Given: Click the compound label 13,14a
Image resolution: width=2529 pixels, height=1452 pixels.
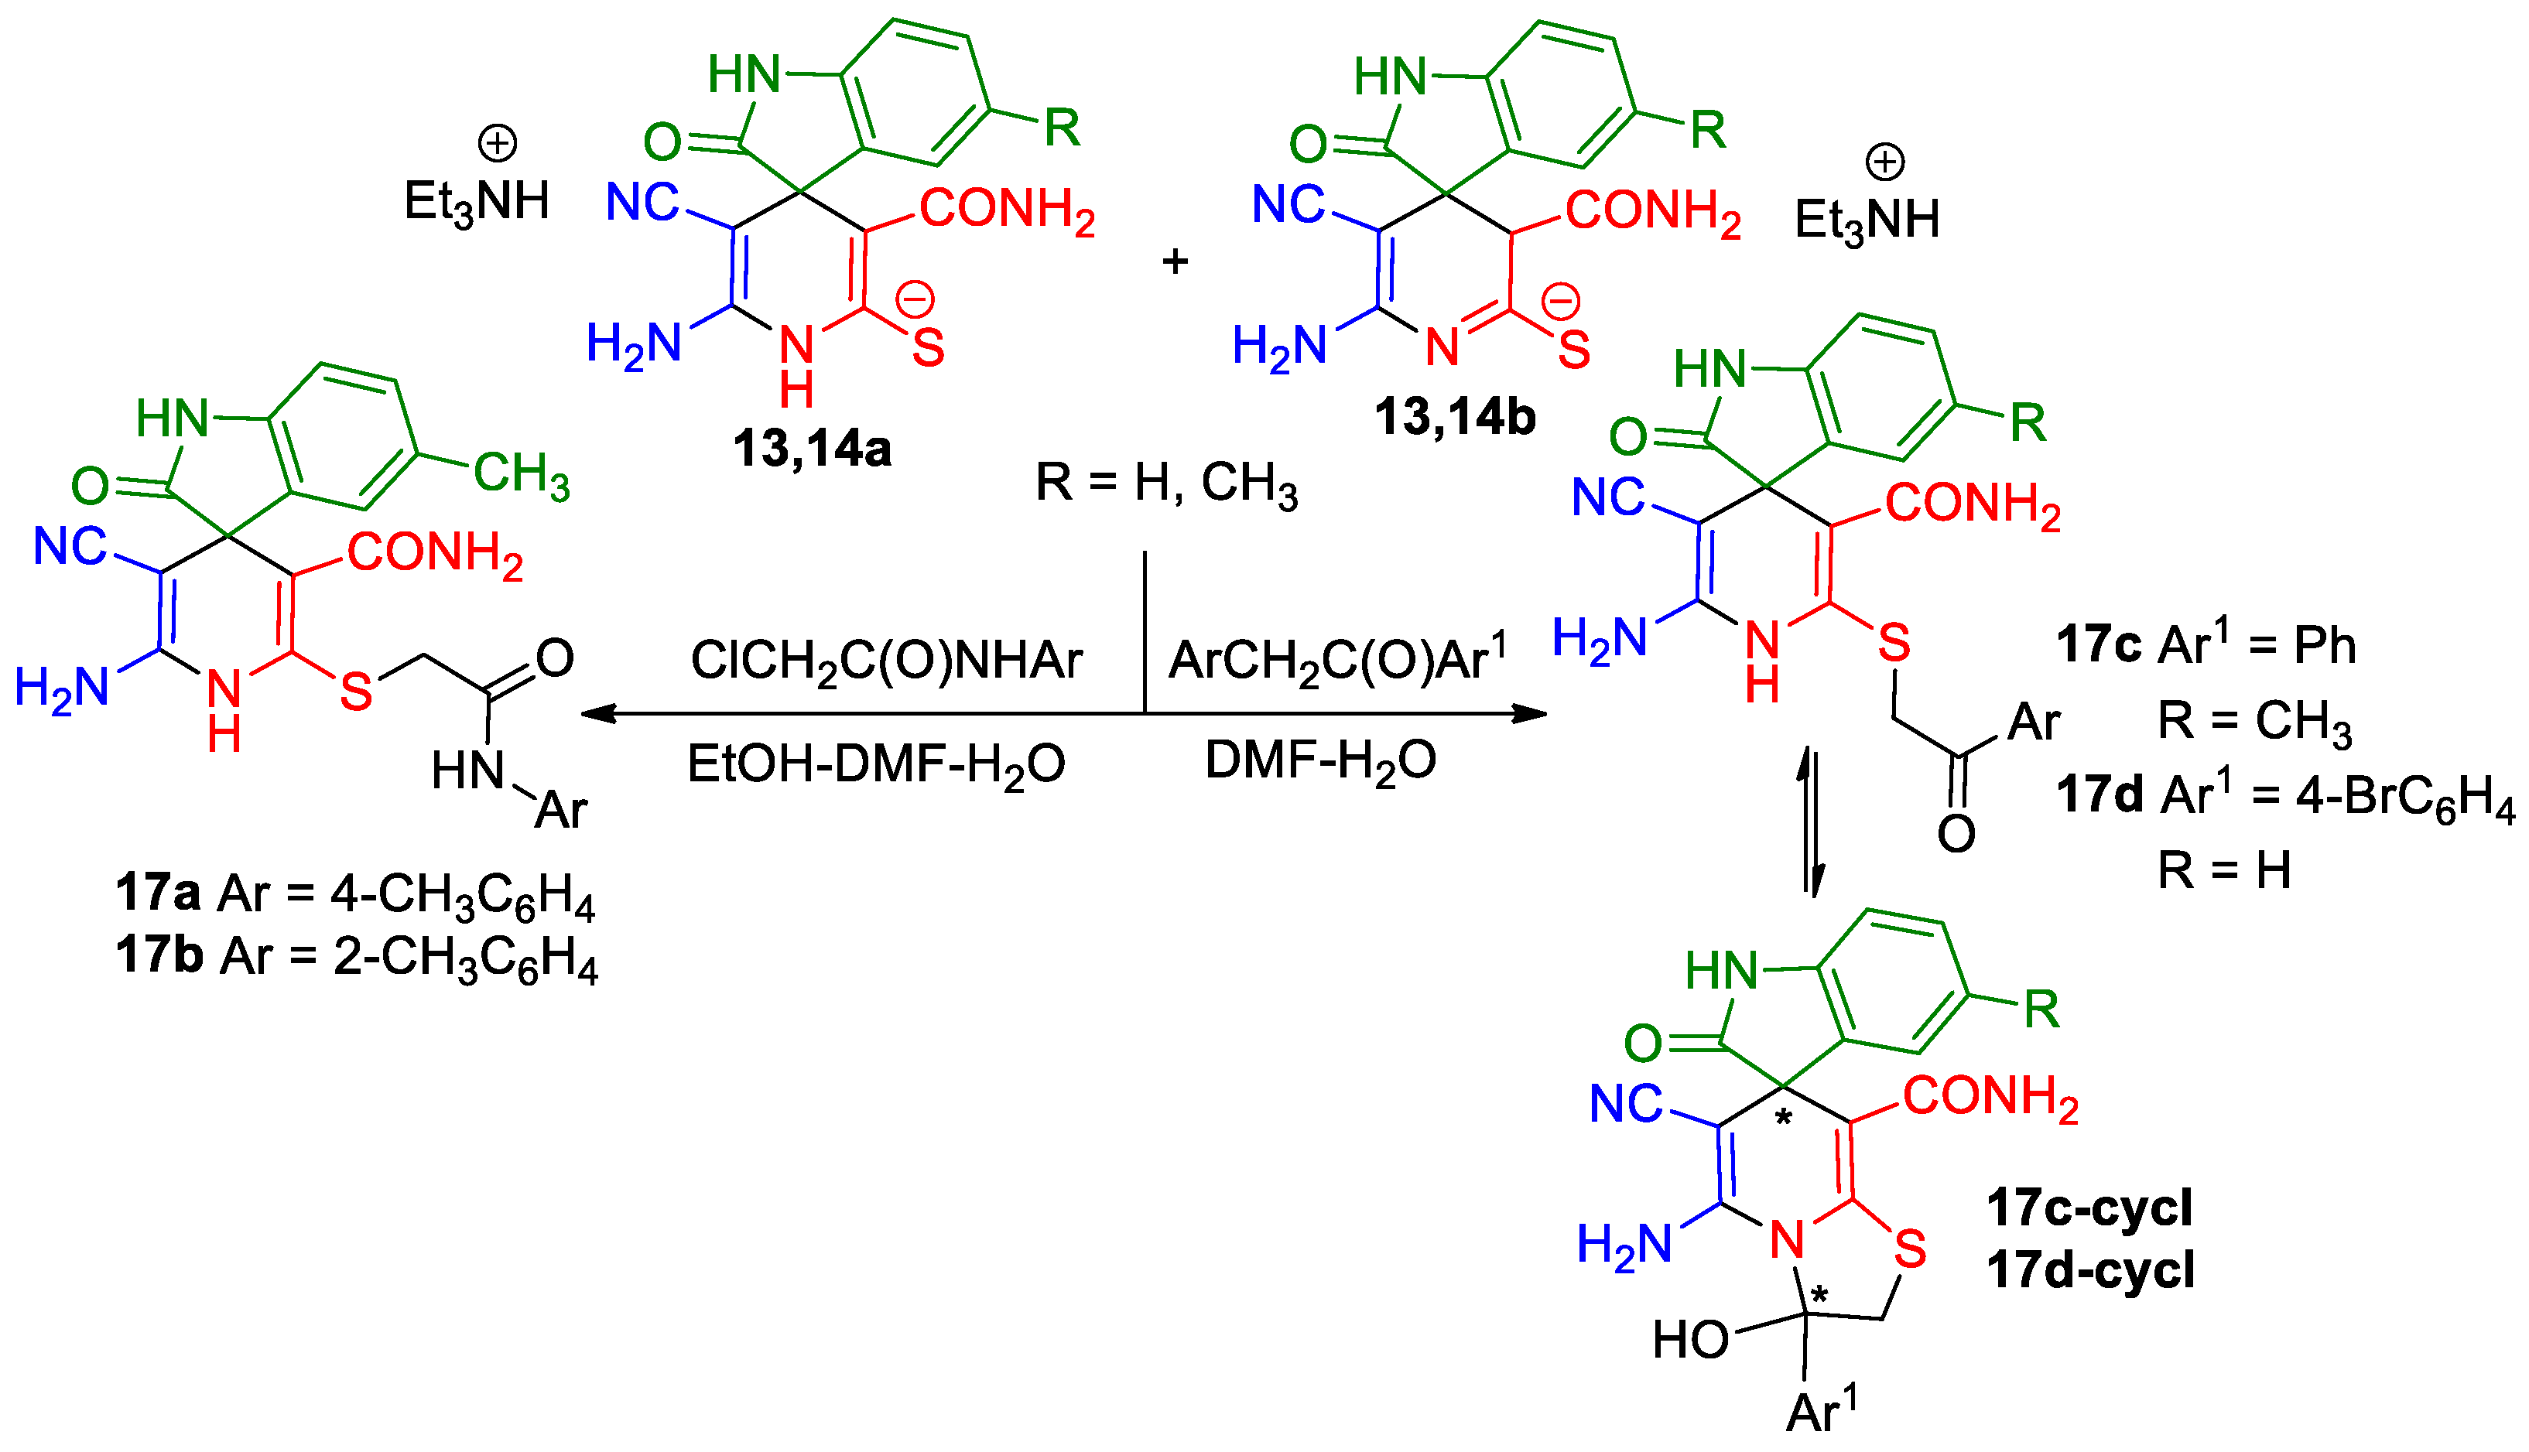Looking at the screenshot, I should tap(812, 449).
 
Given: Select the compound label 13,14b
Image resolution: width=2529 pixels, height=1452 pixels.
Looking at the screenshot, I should tap(1455, 417).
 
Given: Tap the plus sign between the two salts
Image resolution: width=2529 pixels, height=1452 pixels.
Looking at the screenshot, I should tap(1176, 261).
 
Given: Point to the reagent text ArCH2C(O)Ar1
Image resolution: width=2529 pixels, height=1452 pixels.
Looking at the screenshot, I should tap(1336, 658).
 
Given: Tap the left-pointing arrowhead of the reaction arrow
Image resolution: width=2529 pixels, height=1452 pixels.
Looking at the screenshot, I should tap(597, 713).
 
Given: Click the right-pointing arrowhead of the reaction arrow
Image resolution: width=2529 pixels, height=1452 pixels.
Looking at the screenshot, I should tap(1531, 713).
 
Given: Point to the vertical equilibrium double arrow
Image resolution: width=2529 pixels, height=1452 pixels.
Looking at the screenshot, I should tap(1812, 823).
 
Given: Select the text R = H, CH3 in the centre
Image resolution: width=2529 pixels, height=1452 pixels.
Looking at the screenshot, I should tap(1166, 483).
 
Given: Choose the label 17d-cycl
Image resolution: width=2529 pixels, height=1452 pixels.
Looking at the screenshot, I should tap(2090, 1269).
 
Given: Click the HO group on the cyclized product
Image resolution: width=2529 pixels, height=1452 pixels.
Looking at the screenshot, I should tap(1690, 1339).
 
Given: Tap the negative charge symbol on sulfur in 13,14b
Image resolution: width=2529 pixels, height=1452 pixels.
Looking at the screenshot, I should tap(1562, 300).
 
